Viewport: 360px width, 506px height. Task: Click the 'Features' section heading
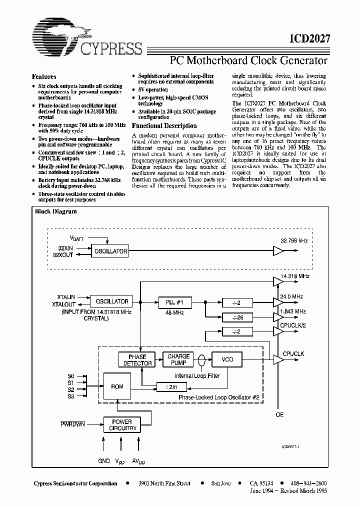(44, 76)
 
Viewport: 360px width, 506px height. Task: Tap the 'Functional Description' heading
(164, 126)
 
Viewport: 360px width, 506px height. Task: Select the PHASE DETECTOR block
(137, 359)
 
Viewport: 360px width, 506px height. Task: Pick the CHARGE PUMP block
(178, 359)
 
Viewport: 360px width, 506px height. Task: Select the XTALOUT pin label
(63, 304)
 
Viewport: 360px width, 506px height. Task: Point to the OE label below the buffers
(279, 414)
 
